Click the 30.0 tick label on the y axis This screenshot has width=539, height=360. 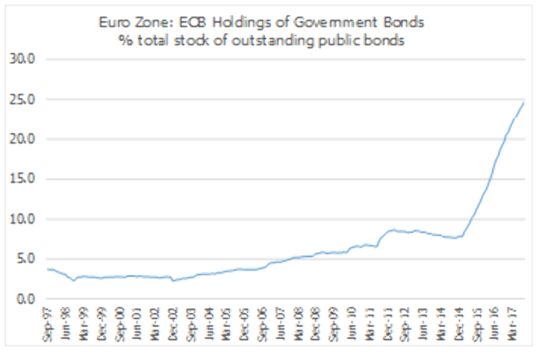tap(24, 60)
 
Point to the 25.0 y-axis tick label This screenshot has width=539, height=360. tap(24, 100)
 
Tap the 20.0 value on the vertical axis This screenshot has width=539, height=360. tap(24, 140)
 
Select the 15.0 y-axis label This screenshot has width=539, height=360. tap(24, 179)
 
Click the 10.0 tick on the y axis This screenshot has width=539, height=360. tap(24, 219)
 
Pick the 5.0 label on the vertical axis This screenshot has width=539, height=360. tap(26, 259)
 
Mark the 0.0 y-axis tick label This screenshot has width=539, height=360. tap(26, 299)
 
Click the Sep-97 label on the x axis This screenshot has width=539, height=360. tap(49, 324)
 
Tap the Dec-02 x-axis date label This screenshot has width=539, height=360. tap(174, 324)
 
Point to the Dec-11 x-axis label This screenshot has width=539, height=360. tap(386, 324)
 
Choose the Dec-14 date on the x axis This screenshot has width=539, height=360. tap(457, 324)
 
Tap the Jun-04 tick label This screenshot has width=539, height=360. tap(209, 324)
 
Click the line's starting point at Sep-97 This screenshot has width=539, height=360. tap(46, 269)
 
